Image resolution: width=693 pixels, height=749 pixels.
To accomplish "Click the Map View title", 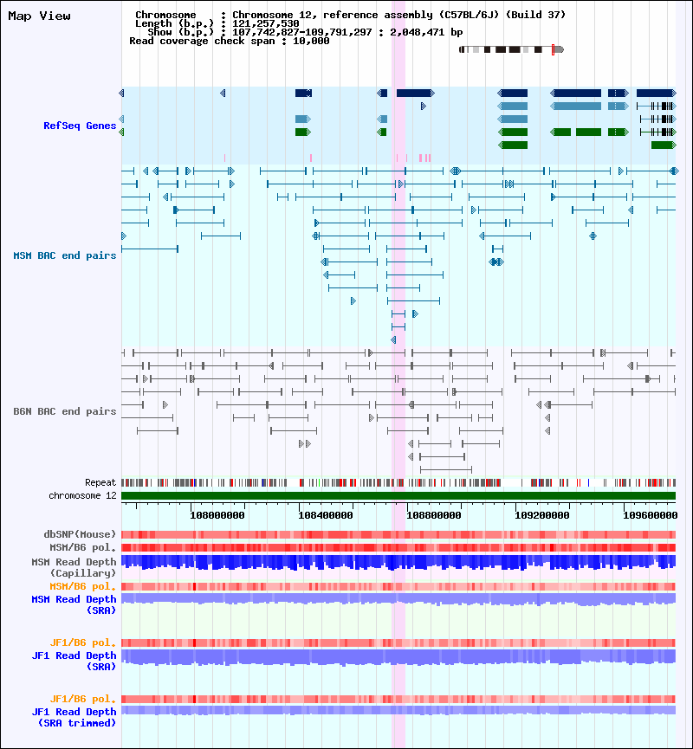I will [x=39, y=16].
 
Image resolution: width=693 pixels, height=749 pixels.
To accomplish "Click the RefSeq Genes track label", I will [x=80, y=126].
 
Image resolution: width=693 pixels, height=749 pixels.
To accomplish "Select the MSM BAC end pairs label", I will [x=64, y=255].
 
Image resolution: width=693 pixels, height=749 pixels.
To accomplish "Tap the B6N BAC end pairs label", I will [x=64, y=411].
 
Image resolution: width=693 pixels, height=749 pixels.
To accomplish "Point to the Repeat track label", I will [x=100, y=482].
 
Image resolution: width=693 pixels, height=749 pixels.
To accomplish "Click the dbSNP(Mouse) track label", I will [x=80, y=534].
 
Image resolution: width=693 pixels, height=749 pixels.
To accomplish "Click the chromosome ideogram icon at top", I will [x=511, y=49].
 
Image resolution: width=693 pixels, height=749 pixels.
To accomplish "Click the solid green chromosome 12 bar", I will [x=398, y=495].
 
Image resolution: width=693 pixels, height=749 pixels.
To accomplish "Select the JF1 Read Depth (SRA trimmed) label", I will [x=74, y=717].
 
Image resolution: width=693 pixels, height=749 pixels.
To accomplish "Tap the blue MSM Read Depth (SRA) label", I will [x=74, y=604].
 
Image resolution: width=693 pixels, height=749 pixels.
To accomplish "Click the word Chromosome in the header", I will [x=164, y=16].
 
